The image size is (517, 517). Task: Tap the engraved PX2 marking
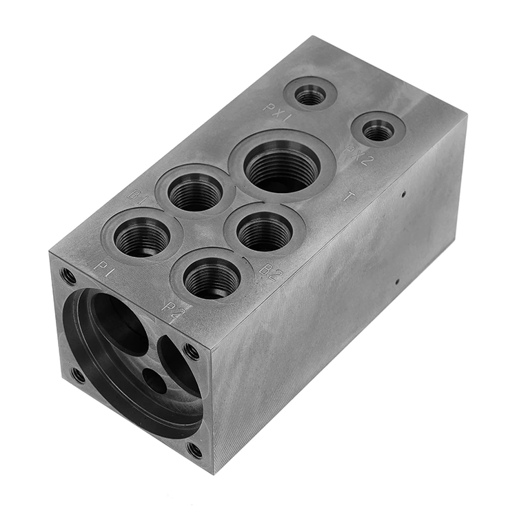(x=359, y=154)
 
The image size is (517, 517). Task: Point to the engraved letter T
(x=349, y=197)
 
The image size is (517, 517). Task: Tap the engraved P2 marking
(x=174, y=307)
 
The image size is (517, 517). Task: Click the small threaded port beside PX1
(x=310, y=93)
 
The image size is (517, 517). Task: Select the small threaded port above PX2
(x=378, y=130)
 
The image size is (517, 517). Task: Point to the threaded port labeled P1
(x=142, y=237)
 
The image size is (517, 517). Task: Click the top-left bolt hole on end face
(x=68, y=276)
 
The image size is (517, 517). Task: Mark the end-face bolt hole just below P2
(x=191, y=352)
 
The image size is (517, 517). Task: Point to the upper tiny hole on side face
(x=402, y=194)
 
